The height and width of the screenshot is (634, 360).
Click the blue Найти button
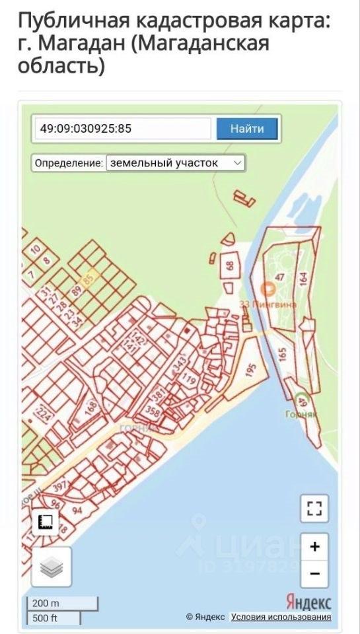coord(247,128)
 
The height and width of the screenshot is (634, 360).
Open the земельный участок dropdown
coord(175,162)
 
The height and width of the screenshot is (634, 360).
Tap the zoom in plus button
coord(314,546)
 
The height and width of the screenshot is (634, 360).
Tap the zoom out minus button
coord(314,574)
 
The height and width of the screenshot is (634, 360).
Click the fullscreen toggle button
coord(314,509)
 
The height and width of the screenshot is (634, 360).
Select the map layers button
coord(51,567)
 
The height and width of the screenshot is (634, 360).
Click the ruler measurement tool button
coord(47,522)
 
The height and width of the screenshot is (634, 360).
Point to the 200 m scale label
coord(46,604)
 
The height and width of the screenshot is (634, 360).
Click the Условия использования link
coord(281,617)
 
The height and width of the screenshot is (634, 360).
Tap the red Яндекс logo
coord(308,602)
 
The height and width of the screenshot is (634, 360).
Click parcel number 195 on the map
coord(250,370)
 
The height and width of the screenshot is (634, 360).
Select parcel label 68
coord(230,266)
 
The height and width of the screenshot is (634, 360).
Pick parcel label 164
coord(303,278)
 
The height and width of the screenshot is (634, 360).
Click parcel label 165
coord(283,353)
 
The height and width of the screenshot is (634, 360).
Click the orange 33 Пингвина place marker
coord(268,289)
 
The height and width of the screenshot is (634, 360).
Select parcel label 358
coord(153,412)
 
